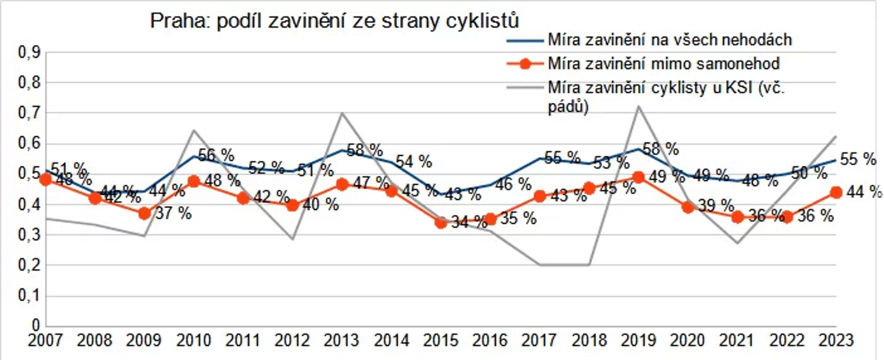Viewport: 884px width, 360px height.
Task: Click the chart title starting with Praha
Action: (x=334, y=21)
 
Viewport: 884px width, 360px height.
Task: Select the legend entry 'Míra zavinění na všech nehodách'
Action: (x=669, y=40)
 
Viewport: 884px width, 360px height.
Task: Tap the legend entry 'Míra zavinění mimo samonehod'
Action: (x=664, y=63)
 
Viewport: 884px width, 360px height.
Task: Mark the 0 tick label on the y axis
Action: (x=35, y=325)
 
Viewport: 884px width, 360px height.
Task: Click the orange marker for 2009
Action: (x=144, y=213)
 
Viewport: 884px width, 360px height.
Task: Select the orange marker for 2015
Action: (x=441, y=222)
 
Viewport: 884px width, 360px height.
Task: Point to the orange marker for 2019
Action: (x=638, y=177)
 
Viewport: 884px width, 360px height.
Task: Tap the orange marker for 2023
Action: (x=836, y=193)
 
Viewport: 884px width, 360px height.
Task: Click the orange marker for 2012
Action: (x=293, y=205)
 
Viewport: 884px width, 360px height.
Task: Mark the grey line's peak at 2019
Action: (x=638, y=106)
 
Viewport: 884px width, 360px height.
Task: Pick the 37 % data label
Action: (x=174, y=213)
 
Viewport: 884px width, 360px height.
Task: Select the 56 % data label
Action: (x=216, y=155)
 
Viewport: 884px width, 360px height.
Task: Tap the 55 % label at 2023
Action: (x=858, y=159)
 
